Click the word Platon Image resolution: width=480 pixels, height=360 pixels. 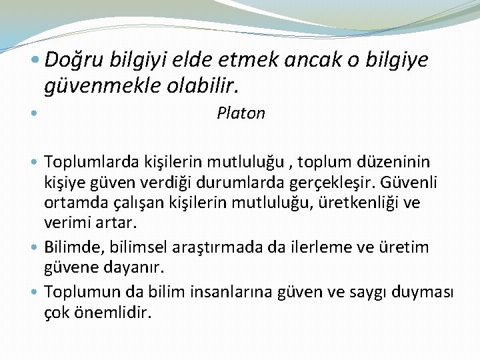click(x=241, y=113)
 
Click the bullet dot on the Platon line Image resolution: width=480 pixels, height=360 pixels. click(x=34, y=113)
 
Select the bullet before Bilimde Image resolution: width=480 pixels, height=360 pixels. click(x=34, y=247)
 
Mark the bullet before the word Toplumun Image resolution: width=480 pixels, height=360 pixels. click(x=34, y=291)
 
